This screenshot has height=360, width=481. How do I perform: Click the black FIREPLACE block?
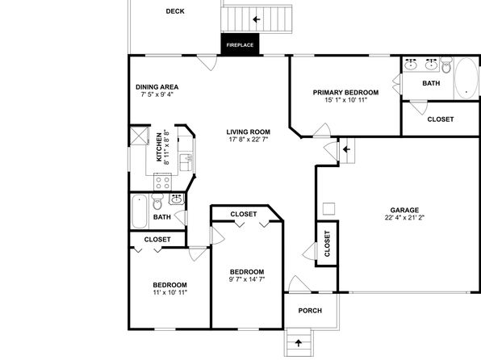pos(240,44)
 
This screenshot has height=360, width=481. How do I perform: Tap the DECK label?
pos(175,11)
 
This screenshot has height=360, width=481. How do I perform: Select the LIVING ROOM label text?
pos(249,132)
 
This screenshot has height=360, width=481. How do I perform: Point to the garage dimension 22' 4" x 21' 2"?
pos(404,218)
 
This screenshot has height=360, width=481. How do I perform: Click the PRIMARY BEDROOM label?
pos(345,92)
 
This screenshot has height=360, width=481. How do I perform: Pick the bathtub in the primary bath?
pos(466,78)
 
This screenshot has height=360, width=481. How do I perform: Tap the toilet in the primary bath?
pos(446,65)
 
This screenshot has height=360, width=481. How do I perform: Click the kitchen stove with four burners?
pos(162,182)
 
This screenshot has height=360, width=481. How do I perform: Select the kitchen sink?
pos(186,162)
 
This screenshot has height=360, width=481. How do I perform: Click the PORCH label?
pos(310,311)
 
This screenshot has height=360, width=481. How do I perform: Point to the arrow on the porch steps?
pos(298,343)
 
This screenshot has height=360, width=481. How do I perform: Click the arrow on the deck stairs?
pos(257,19)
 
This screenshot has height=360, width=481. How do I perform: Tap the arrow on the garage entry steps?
pos(347,149)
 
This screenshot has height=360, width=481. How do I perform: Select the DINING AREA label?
pos(157,87)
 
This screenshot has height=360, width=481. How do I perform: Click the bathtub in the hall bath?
pos(140,211)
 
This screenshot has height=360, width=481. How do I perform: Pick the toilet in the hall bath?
pos(157,201)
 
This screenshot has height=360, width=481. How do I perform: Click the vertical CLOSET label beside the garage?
pos(327,244)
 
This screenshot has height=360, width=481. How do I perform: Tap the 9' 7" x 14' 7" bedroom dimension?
pos(247,279)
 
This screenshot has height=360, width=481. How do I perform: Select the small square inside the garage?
pos(328,209)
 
